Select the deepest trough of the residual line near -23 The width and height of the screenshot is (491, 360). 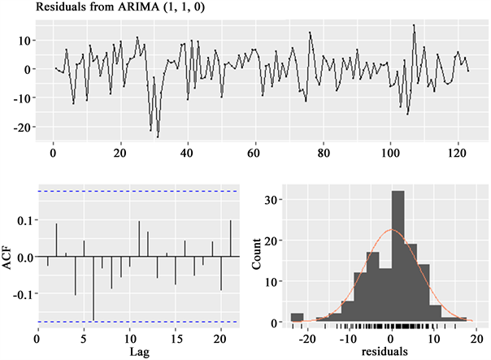tap(158, 137)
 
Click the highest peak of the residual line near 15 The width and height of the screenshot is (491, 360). tap(414, 25)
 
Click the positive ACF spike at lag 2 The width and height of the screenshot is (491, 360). tap(56, 241)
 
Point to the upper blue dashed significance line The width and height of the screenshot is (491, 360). tap(137, 192)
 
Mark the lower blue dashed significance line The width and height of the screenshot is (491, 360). tap(137, 322)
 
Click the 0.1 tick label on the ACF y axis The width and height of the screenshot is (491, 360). tap(24, 220)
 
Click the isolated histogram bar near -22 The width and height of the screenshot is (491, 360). tap(297, 318)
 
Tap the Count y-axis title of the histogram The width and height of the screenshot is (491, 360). tap(257, 258)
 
